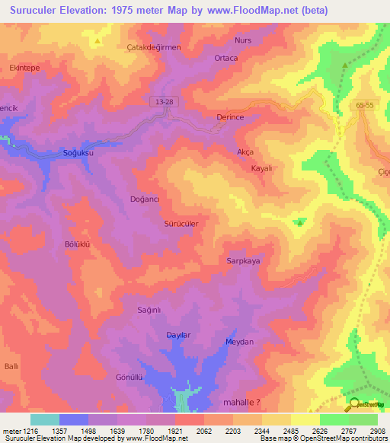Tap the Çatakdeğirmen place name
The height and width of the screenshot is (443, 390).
tap(153, 47)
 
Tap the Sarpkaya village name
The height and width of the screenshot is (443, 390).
tap(243, 260)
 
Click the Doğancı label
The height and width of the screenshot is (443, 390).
tap(145, 199)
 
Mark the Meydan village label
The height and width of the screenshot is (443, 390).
tap(239, 343)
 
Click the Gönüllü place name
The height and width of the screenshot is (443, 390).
tap(129, 378)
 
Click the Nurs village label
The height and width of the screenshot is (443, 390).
tap(243, 40)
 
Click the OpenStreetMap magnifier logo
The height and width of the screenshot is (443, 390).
tap(354, 404)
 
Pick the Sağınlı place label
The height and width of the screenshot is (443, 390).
tap(149, 310)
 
